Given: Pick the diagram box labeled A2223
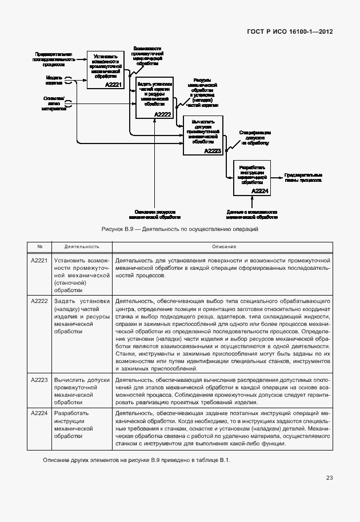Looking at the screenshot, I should [202, 135].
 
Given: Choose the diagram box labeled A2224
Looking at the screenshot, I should [251, 178].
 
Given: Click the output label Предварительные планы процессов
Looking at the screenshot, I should [303, 177].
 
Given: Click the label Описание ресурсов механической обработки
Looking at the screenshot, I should [154, 214].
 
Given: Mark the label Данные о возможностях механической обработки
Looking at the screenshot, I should [252, 214].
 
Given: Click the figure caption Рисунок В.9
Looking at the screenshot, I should [180, 229].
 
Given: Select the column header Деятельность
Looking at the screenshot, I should [82, 246].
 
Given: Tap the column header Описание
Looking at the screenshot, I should [222, 246].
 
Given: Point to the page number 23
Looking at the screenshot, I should [329, 478].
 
